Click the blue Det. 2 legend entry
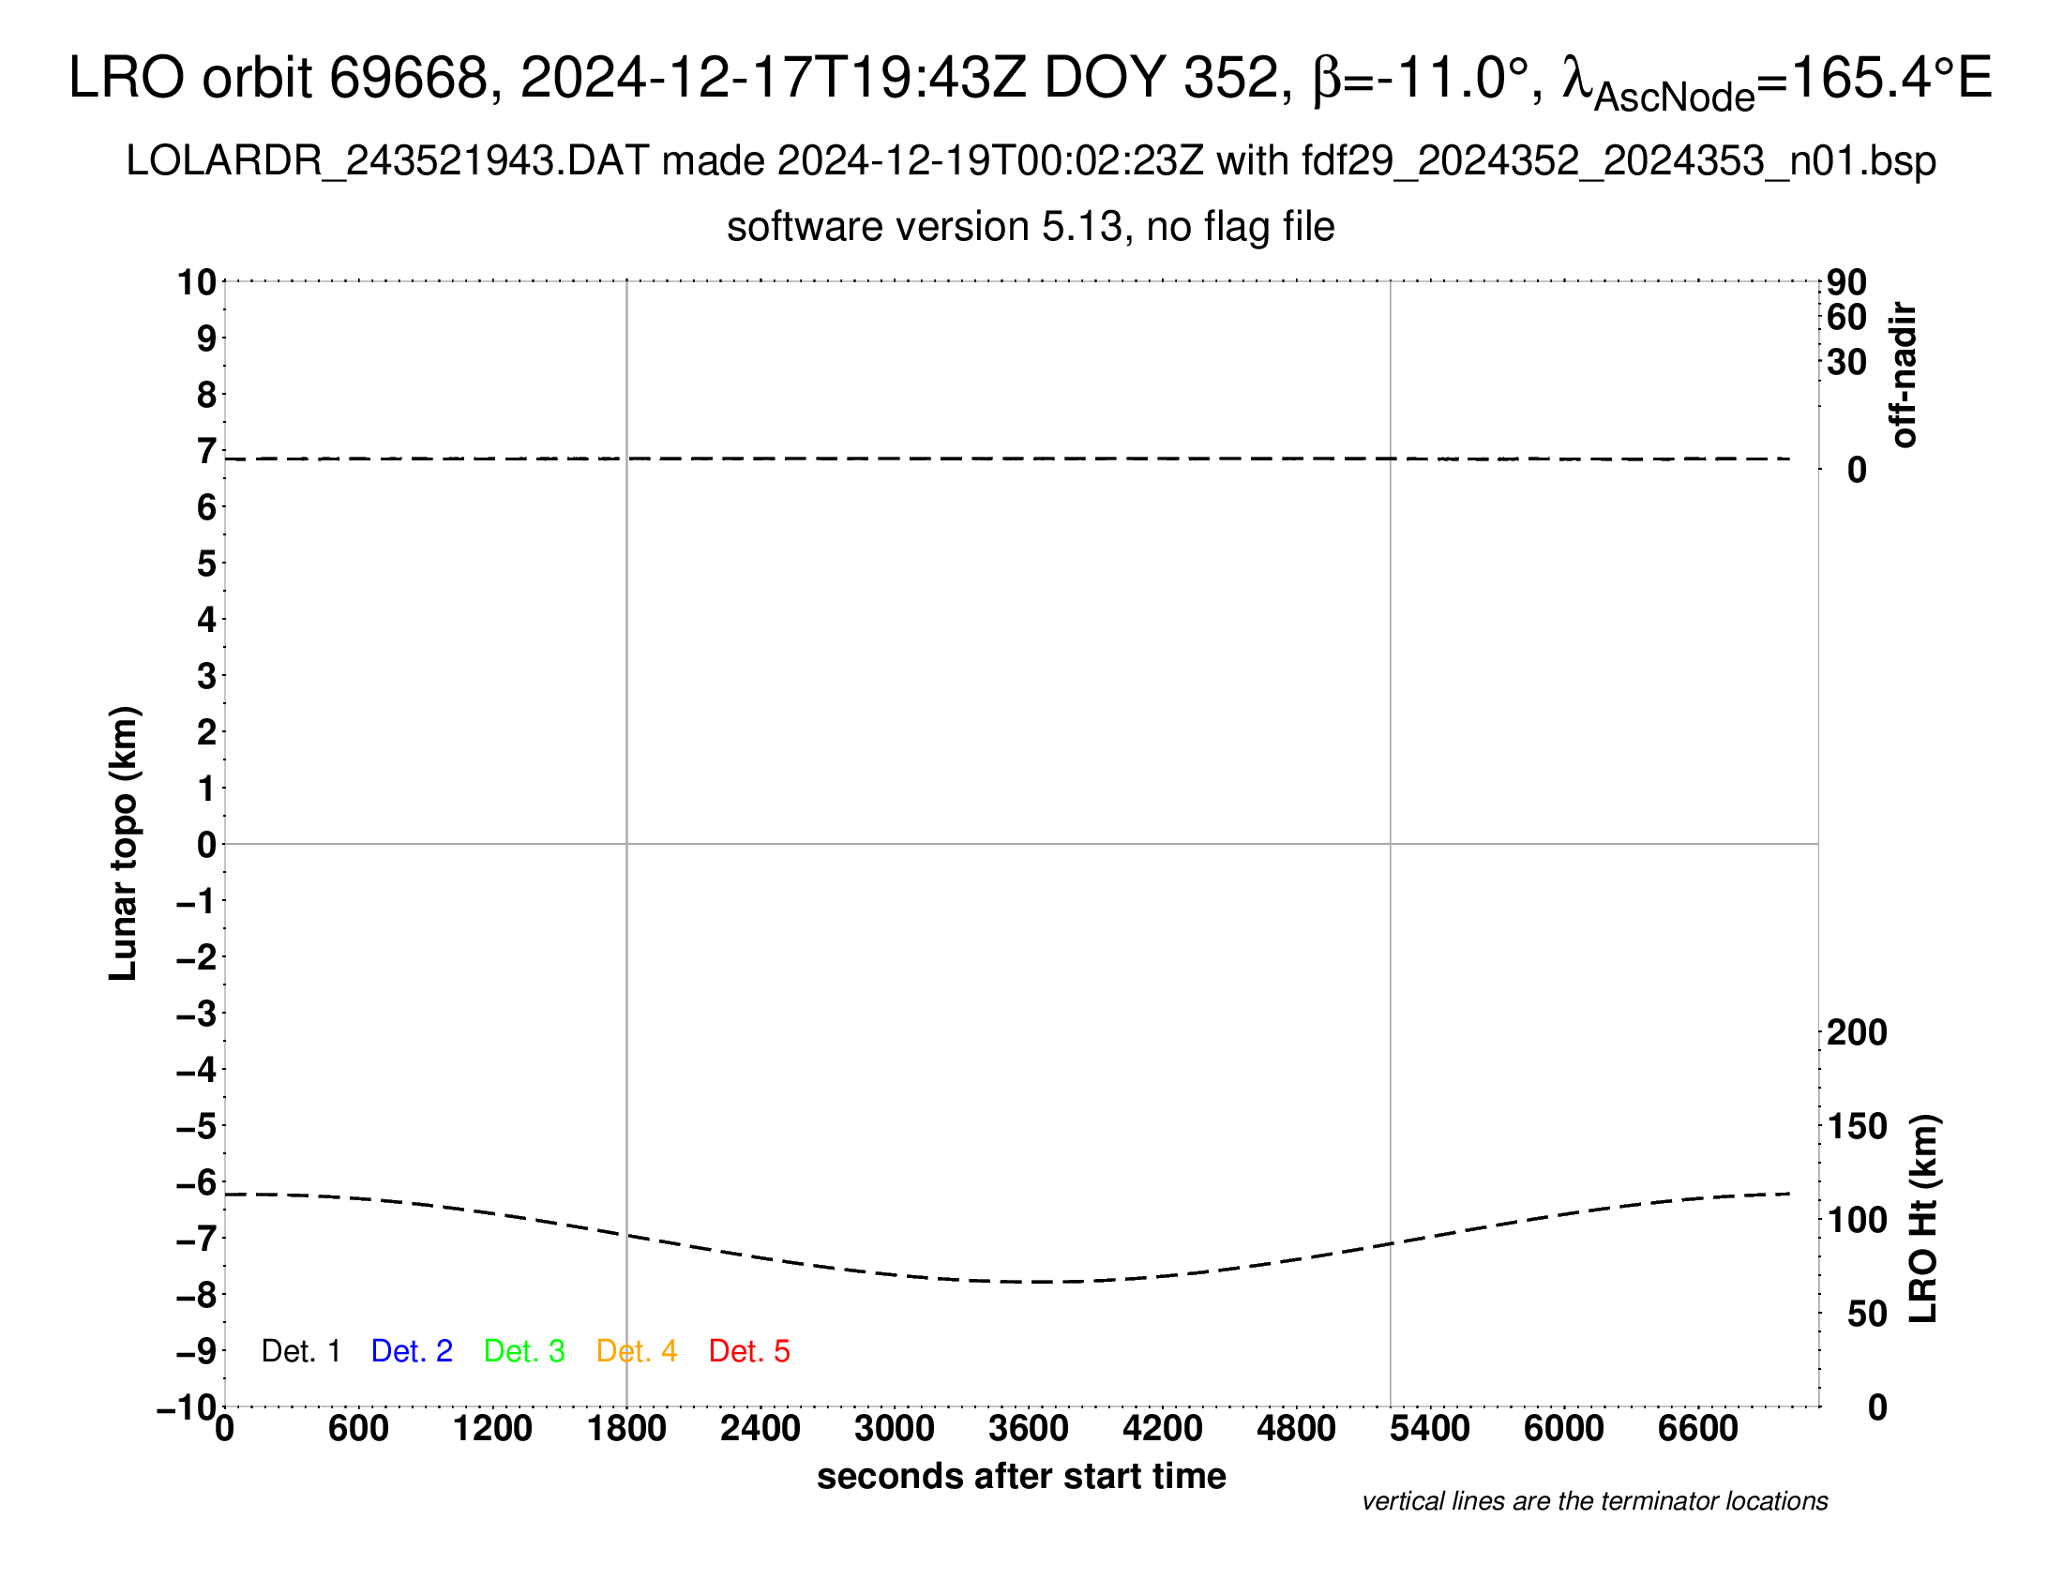[x=412, y=1351]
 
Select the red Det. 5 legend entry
[x=749, y=1351]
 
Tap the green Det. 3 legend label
[x=524, y=1351]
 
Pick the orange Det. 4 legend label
[x=637, y=1351]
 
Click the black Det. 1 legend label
[x=300, y=1351]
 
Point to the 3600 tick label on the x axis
[x=1029, y=1429]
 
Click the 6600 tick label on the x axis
[x=1697, y=1429]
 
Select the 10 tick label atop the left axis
[x=197, y=282]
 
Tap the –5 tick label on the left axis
[x=196, y=1126]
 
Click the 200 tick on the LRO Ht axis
[x=1857, y=1033]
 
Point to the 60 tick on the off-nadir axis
[x=1846, y=318]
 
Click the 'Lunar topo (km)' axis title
[x=124, y=843]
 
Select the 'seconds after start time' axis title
[x=1021, y=1476]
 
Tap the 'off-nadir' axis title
[x=1904, y=375]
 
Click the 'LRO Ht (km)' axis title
[x=1923, y=1219]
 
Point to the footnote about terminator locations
[x=1594, y=1501]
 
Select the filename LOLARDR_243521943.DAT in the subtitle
[x=386, y=161]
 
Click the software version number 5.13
[x=1086, y=228]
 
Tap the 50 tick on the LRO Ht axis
[x=1866, y=1314]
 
